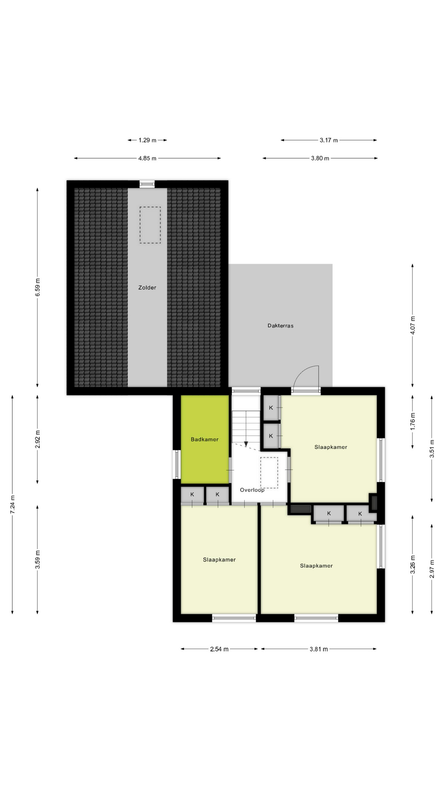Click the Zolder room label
tap(147, 288)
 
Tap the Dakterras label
tap(280, 325)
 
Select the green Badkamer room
tap(205, 439)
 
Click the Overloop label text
tap(252, 490)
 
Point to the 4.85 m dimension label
tap(147, 158)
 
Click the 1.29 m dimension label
tap(147, 140)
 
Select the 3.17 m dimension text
tap(328, 140)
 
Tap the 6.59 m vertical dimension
tap(37, 287)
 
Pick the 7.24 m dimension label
tap(12, 504)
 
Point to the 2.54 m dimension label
tap(219, 649)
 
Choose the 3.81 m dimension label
tap(319, 649)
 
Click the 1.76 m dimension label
tap(413, 421)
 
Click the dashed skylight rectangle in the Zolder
tap(150, 225)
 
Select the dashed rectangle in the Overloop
tap(269, 473)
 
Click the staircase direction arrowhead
tap(246, 444)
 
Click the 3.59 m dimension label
tap(37, 559)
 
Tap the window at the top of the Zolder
tap(147, 184)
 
